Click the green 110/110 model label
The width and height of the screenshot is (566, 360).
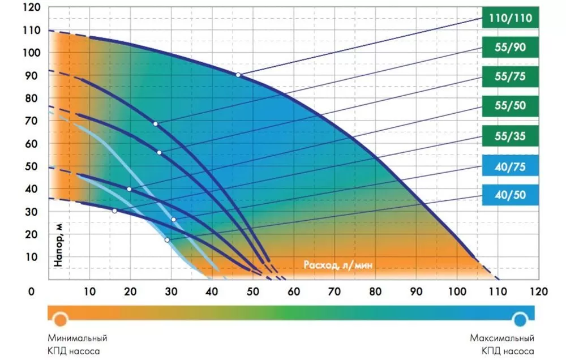tap(510, 19)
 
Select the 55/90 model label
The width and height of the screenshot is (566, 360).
tap(510, 48)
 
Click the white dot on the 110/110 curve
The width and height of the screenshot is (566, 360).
tap(238, 75)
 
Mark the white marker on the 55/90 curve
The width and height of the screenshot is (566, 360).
tap(156, 124)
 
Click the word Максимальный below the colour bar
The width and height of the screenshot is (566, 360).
tap(501, 338)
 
